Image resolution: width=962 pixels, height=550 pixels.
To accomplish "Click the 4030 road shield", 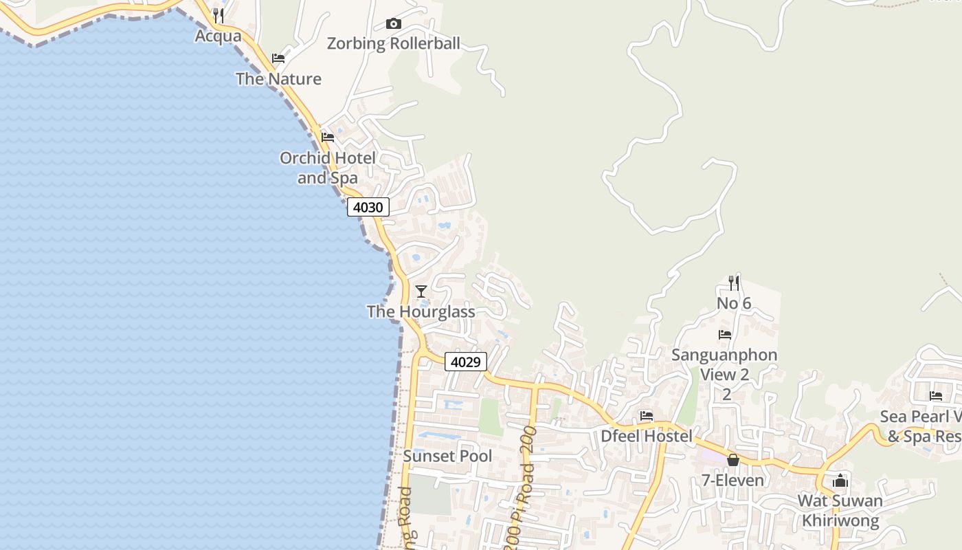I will click(368, 207).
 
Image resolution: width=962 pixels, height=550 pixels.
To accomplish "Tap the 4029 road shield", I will click(466, 362).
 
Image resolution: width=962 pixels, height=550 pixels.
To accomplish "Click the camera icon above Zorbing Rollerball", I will click(393, 24).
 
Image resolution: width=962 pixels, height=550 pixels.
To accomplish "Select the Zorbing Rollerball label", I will click(393, 44).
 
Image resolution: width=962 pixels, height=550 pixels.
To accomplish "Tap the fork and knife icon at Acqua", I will click(219, 15).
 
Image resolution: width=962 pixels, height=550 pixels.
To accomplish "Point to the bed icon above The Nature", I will click(278, 58).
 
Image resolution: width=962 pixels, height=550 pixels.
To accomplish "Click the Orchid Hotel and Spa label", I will click(328, 168).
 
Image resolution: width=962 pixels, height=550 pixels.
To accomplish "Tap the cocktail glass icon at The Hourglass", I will click(421, 291).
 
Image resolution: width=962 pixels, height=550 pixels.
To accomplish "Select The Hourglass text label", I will click(421, 311).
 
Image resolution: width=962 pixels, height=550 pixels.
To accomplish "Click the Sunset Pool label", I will click(447, 456).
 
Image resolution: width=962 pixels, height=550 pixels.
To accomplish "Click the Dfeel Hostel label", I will click(647, 436).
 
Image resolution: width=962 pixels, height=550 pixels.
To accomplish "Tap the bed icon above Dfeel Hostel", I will click(647, 416).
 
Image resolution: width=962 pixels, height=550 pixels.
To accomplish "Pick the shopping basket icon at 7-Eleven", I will click(733, 460).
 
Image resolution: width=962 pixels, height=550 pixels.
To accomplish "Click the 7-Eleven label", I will click(732, 480).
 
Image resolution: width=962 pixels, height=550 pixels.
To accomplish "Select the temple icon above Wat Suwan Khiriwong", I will click(840, 481).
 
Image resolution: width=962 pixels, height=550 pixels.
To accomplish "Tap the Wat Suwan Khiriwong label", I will click(840, 510).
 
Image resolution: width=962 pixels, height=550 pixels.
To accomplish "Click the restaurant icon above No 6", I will click(734, 283).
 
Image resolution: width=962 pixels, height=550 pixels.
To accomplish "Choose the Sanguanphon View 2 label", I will click(725, 365).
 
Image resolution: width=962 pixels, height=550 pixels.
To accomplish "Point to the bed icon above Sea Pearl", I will click(936, 396).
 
